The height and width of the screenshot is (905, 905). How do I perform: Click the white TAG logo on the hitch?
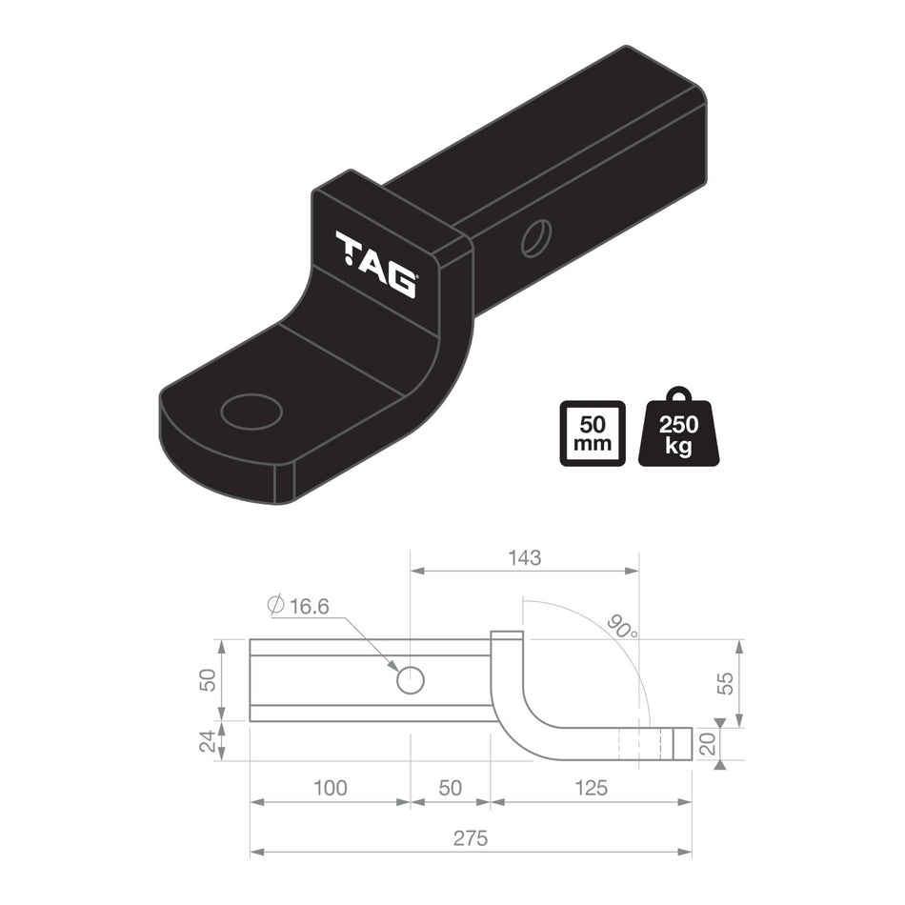[x=375, y=264]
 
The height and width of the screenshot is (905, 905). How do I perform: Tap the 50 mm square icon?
[x=593, y=432]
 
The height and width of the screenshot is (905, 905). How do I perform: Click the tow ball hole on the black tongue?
[x=251, y=412]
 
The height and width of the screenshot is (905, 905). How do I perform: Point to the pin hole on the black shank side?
[x=535, y=237]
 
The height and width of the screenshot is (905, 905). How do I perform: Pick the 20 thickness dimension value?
[x=707, y=744]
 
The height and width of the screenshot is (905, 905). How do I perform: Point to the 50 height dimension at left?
[x=209, y=680]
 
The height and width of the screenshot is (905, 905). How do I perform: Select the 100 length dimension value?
[x=329, y=788]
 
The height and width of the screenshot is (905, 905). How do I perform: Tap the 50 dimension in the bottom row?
[x=451, y=788]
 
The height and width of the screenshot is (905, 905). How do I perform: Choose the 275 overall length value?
[x=470, y=838]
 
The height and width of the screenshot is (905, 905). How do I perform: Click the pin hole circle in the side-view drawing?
[x=410, y=680]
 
